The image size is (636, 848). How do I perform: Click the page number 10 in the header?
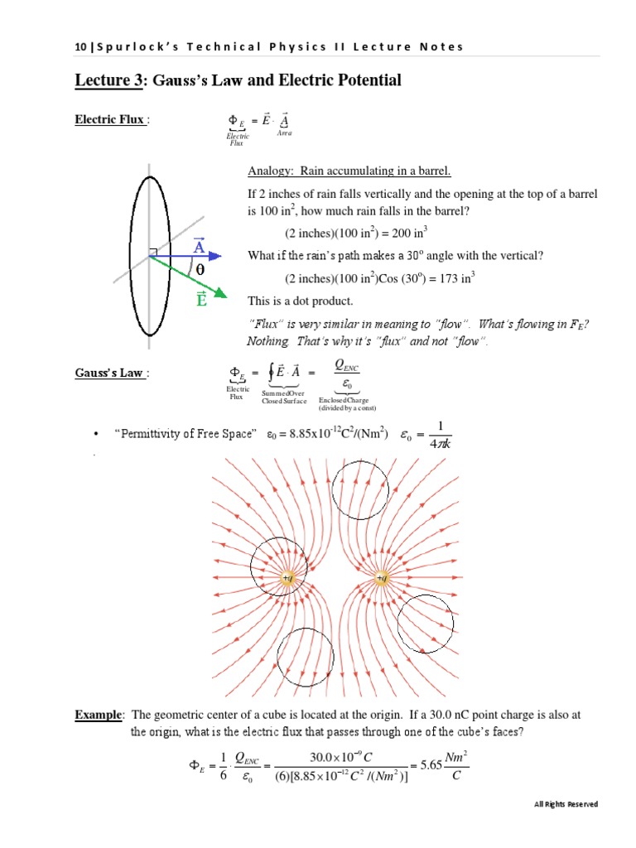79,46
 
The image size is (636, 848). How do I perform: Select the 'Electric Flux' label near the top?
110,120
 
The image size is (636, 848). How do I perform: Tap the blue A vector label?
199,247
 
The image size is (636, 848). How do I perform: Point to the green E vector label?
201,300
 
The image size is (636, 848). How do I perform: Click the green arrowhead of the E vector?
221,292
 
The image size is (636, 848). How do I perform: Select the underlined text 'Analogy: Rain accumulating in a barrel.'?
349,171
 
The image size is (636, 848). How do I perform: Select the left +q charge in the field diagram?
287,578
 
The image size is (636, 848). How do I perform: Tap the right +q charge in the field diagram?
381,578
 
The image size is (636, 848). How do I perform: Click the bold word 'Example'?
99,714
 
